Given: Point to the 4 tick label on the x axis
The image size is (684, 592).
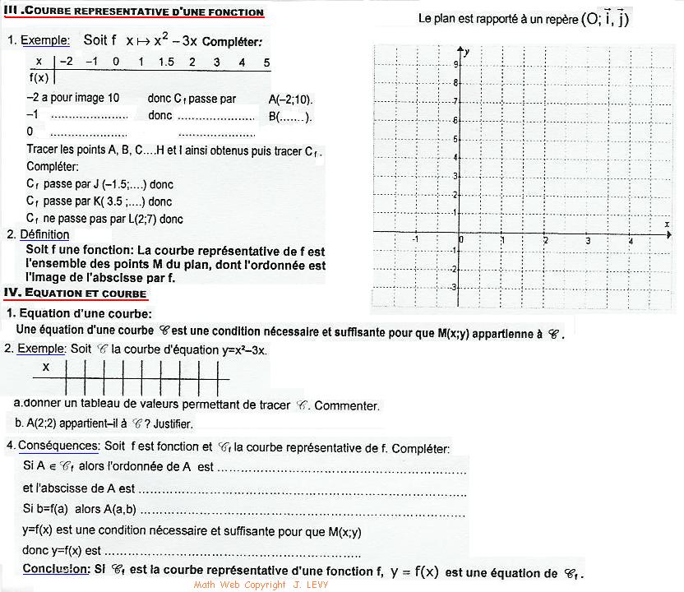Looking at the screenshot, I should point(630,240).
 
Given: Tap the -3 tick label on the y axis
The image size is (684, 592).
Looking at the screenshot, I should point(454,287).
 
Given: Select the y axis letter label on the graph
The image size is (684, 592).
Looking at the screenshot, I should point(466,52).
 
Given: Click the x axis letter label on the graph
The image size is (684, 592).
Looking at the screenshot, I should point(665,224).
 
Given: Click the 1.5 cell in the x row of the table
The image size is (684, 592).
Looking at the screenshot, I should point(165,62).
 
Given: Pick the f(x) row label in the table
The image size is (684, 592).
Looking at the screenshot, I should point(39,77).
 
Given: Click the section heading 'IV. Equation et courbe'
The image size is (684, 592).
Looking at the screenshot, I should point(76,294).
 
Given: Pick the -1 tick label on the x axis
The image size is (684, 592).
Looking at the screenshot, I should point(415,240).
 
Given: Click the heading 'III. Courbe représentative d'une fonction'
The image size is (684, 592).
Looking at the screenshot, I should point(134,12).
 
